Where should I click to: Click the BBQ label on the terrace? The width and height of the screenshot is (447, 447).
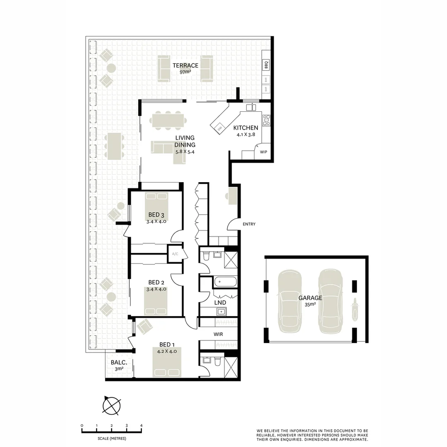(266, 65)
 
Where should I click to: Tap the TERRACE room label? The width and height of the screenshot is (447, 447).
(185, 65)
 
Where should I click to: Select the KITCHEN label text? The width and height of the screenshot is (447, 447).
(245, 128)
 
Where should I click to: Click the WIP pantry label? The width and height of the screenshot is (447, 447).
(263, 152)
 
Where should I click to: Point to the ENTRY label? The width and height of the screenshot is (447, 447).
(249, 224)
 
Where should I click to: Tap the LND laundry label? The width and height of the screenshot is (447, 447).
(220, 303)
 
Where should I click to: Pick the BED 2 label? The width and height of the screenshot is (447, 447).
(156, 283)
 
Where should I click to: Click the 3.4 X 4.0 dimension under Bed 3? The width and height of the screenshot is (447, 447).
(156, 221)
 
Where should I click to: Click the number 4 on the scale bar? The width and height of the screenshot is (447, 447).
(142, 425)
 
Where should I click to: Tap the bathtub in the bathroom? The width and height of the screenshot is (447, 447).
(225, 283)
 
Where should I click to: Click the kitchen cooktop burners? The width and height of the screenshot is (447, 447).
(266, 120)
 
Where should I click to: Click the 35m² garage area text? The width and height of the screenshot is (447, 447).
(310, 304)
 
